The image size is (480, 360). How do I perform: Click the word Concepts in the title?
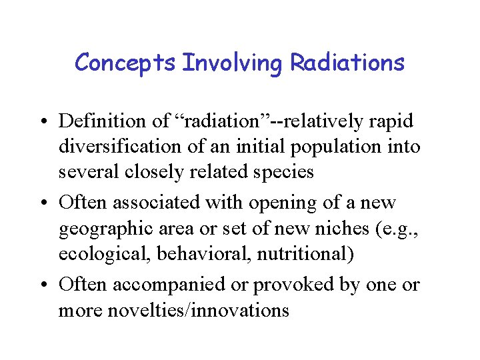125,63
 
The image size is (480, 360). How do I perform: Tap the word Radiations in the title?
347,63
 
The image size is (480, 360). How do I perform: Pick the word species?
279,172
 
